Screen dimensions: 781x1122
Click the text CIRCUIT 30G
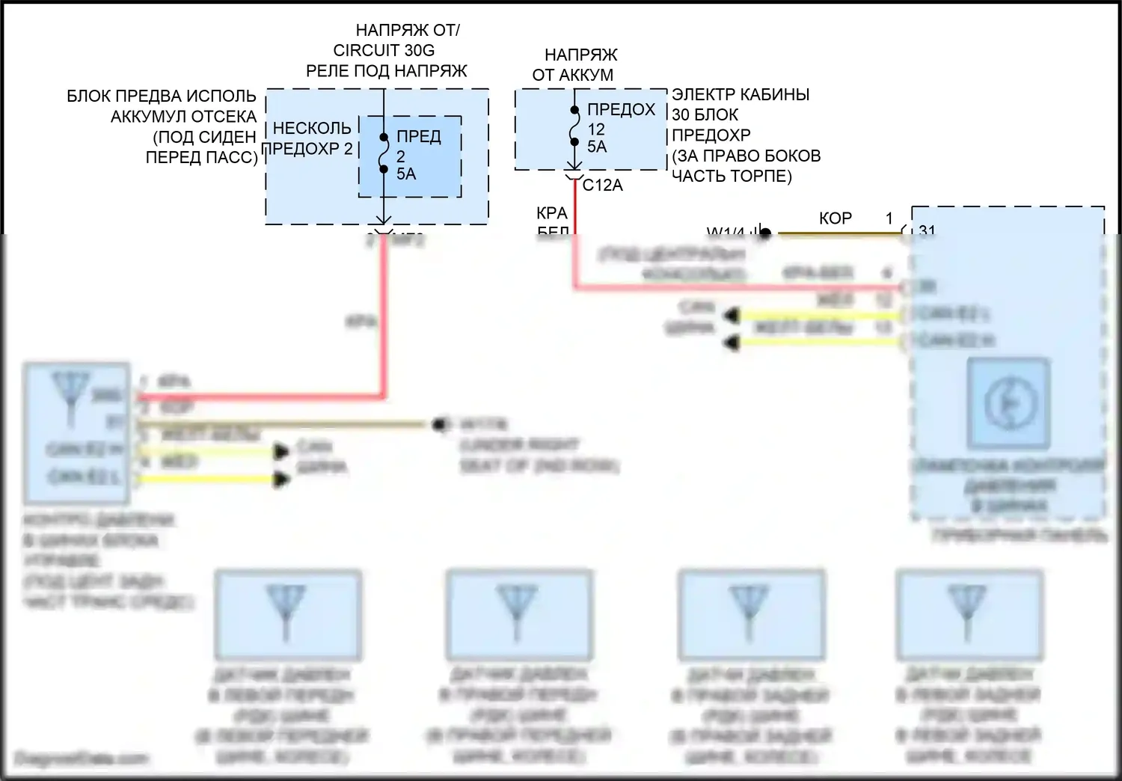point(384,50)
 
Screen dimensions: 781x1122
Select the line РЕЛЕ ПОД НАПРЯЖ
point(386,71)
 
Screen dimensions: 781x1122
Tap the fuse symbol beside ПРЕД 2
point(383,153)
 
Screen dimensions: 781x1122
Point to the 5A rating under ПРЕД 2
point(406,174)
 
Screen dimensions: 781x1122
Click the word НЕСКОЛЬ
point(311,129)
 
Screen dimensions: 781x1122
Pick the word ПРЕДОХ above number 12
point(621,110)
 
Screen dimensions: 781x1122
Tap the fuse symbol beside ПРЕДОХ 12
point(574,126)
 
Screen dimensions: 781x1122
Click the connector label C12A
point(602,185)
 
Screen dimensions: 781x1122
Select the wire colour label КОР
point(836,218)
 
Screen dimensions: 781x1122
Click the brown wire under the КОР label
point(838,233)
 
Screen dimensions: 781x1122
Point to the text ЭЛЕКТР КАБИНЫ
point(741,95)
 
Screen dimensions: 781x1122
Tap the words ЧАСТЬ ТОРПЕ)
point(732,176)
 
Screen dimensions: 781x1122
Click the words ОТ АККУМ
point(572,75)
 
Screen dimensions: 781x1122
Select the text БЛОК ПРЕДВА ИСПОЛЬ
point(162,97)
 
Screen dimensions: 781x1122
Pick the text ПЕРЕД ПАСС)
point(201,157)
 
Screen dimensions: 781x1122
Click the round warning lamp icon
point(1008,403)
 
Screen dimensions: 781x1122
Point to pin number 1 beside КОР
point(889,218)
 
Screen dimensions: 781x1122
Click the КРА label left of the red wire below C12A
point(552,213)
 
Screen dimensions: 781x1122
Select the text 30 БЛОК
point(705,115)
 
